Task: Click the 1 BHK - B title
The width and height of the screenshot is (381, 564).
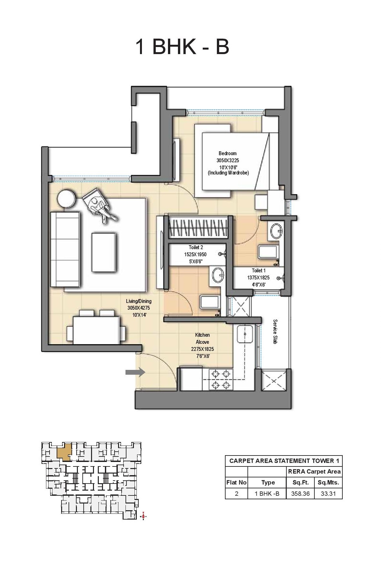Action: [x=182, y=46]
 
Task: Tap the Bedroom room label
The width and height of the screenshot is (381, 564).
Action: [x=228, y=154]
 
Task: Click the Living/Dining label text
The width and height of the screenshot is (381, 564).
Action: [x=139, y=301]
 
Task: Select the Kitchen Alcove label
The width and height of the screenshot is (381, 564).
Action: [x=202, y=338]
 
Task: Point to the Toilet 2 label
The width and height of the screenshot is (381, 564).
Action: [x=196, y=247]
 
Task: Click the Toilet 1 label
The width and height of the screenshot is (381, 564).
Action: [x=259, y=270]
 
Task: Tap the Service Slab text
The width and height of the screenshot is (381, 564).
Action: [x=275, y=332]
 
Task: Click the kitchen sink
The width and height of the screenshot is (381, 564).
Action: [x=245, y=334]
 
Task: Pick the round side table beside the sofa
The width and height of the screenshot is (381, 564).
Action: [x=67, y=199]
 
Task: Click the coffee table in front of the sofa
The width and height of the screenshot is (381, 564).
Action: [x=104, y=253]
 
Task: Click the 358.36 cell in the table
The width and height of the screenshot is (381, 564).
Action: [x=300, y=493]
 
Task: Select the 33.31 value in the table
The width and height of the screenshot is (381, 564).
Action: [x=328, y=493]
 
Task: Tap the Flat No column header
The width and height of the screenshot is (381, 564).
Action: [x=237, y=483]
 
